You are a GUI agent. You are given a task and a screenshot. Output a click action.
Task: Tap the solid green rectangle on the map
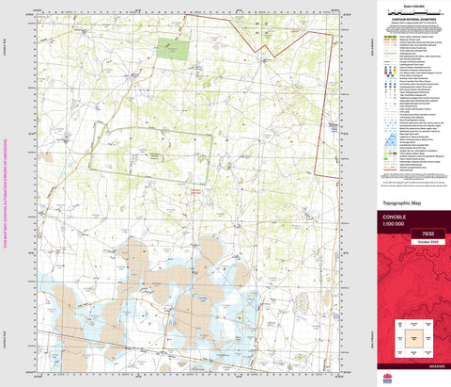[172, 46]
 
